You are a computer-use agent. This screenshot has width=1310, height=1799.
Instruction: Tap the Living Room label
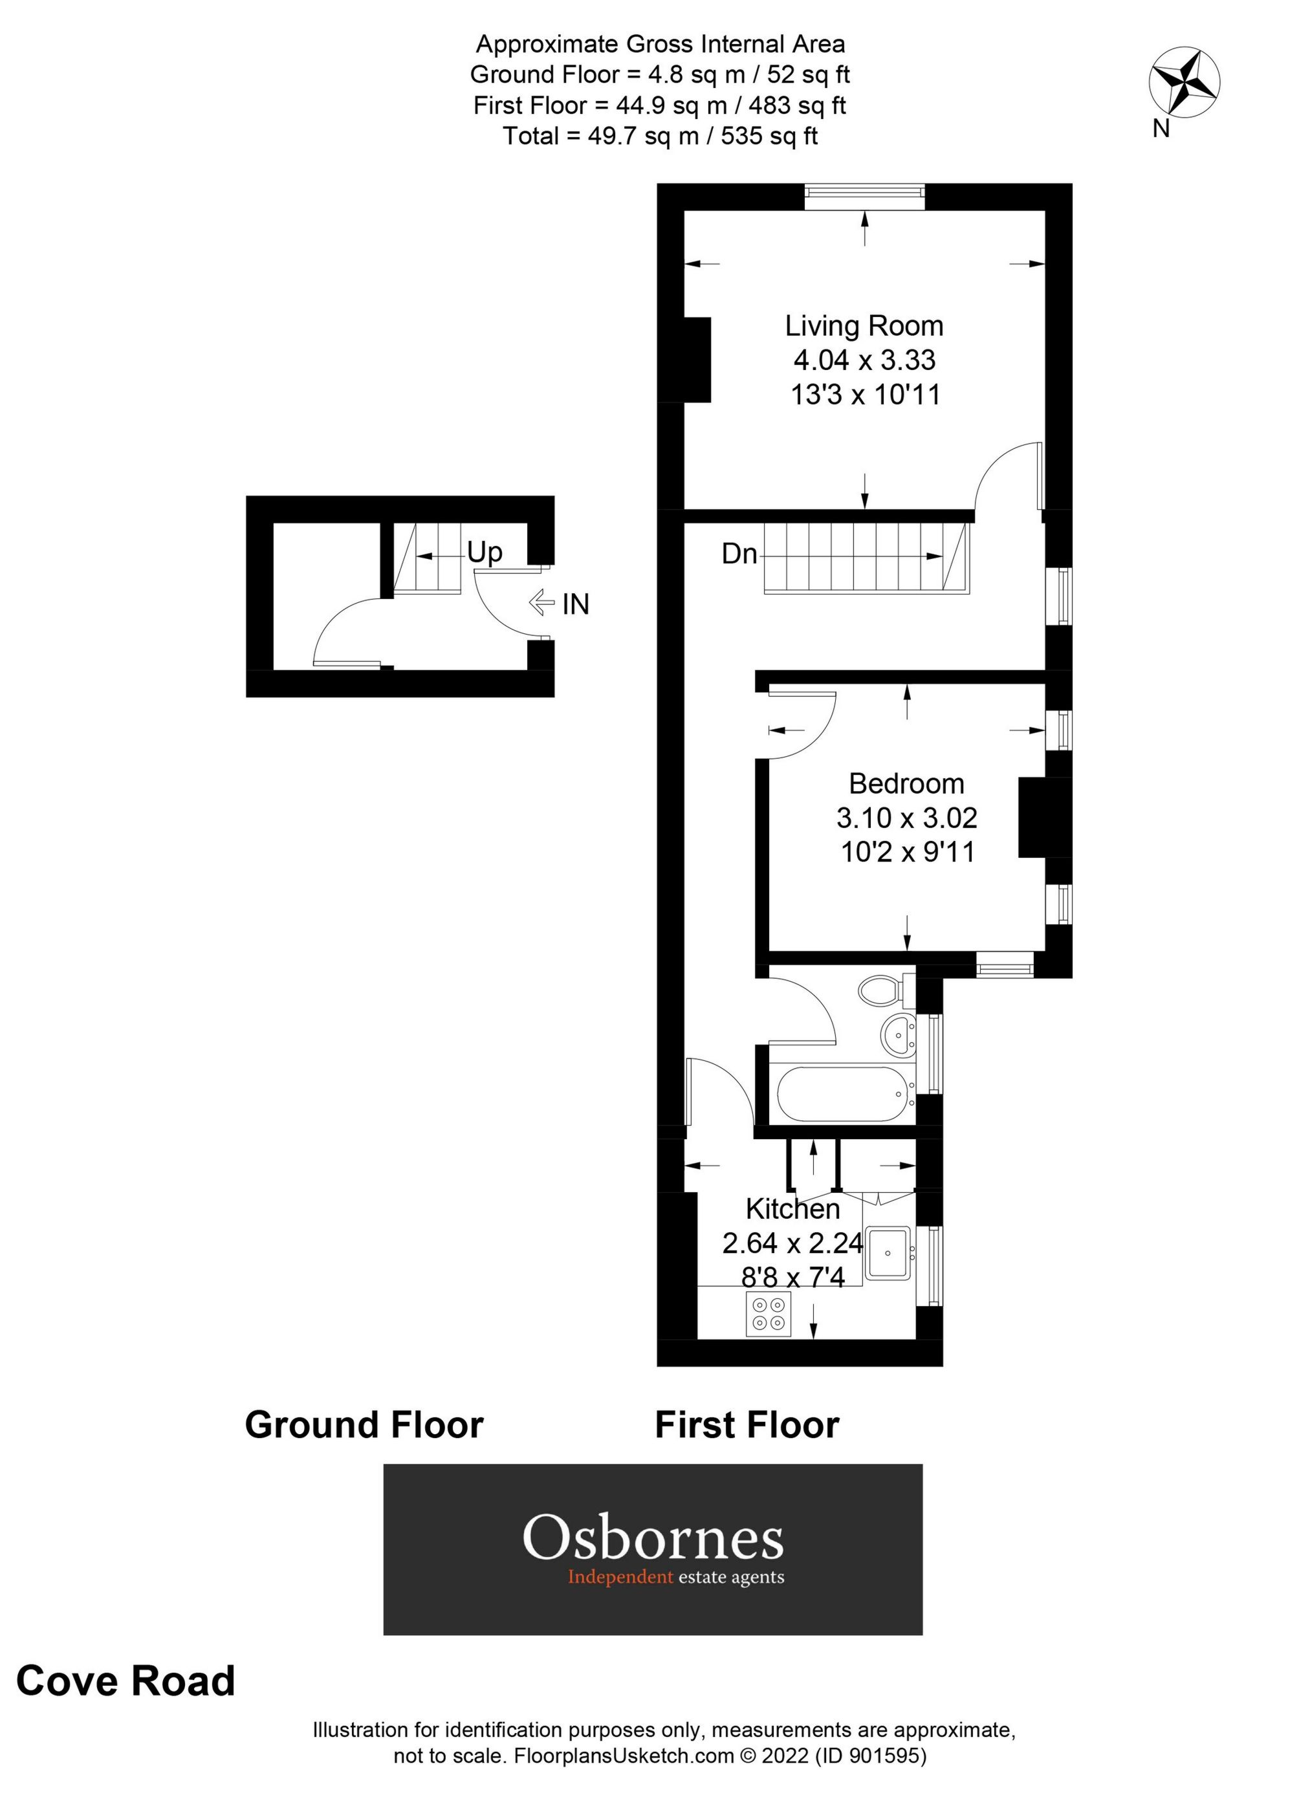coord(864,326)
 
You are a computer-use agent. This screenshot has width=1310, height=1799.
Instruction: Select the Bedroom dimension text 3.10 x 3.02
coord(906,817)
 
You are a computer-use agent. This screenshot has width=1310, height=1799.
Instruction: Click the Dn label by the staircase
coord(739,554)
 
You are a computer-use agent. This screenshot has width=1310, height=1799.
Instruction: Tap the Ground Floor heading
coord(364,1424)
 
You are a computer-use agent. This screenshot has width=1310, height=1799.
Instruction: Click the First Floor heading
coord(747,1424)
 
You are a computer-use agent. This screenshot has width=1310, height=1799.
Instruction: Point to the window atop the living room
coord(864,197)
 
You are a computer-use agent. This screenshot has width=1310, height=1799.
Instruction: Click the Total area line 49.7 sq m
coord(659,136)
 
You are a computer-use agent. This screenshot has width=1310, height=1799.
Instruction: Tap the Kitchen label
coord(792,1209)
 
